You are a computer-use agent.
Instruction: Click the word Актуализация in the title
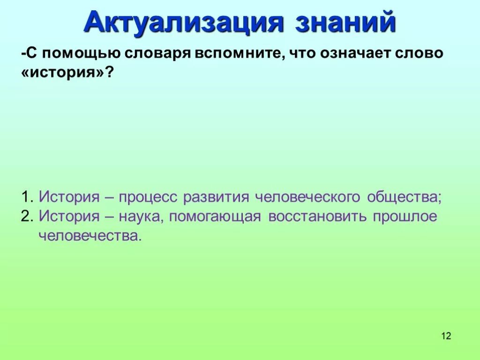pos(184,22)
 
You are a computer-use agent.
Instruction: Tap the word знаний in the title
pos(345,22)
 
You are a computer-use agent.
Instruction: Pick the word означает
pos(356,53)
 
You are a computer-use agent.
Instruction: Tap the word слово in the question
pos(420,53)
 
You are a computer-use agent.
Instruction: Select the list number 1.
pos(26,196)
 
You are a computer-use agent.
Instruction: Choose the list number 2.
pos(26,217)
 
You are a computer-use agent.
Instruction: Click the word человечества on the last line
pos(89,236)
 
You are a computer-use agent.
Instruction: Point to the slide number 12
pos(446,336)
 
